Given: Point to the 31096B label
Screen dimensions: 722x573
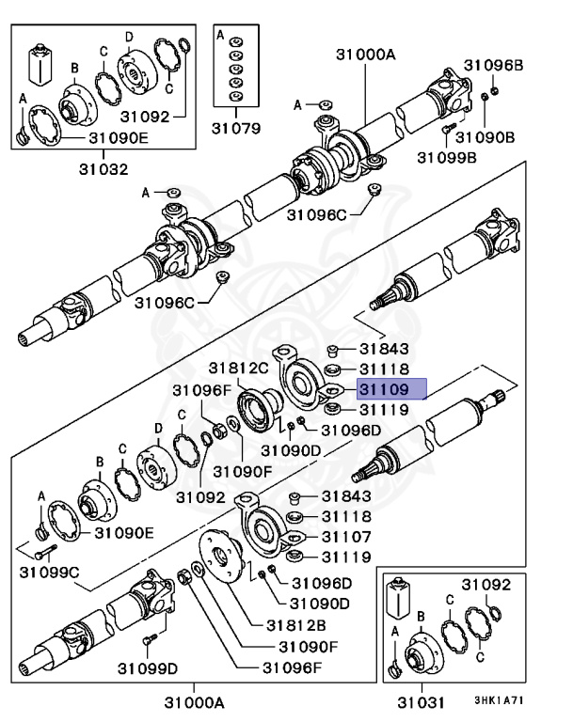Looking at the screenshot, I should pyautogui.click(x=492, y=67).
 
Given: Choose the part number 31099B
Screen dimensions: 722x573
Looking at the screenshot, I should pyautogui.click(x=447, y=156).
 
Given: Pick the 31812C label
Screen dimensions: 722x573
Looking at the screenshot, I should pyautogui.click(x=238, y=368).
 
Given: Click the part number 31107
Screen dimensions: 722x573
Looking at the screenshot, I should pyautogui.click(x=347, y=537).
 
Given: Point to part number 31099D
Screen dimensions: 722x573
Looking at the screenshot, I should pyautogui.click(x=148, y=668).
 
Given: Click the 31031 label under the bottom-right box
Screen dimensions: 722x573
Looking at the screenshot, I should pyautogui.click(x=418, y=702).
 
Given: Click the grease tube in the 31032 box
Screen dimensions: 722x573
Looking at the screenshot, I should pyautogui.click(x=40, y=62).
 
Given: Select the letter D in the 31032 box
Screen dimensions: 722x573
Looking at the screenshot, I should pyautogui.click(x=130, y=36).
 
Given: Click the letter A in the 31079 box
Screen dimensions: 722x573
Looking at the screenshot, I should pyautogui.click(x=220, y=35).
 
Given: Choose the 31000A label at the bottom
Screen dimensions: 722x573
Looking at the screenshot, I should pyautogui.click(x=195, y=702).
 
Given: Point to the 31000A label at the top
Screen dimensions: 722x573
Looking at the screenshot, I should pyautogui.click(x=365, y=55).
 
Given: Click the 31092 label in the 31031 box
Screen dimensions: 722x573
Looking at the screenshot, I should pyautogui.click(x=485, y=584).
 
